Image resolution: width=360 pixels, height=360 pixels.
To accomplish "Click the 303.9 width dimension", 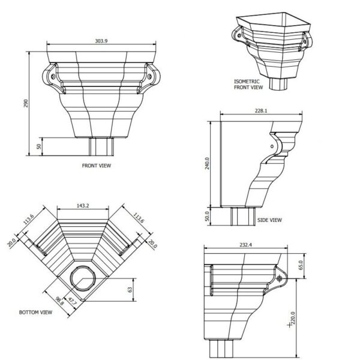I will [x=102, y=41].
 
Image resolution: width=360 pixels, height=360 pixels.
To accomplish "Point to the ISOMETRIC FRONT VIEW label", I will [x=249, y=84].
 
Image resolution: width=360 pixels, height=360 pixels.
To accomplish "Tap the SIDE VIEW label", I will [x=269, y=220].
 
